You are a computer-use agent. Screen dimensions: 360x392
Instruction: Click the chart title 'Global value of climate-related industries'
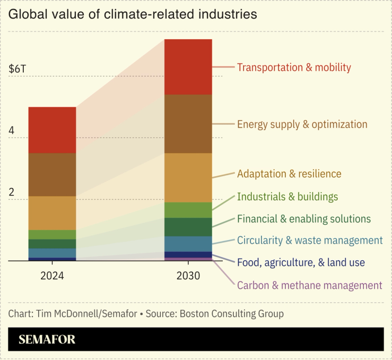[132, 14]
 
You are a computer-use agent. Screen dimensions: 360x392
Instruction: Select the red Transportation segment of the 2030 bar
[188, 67]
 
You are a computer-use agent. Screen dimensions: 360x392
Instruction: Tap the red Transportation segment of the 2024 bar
[52, 130]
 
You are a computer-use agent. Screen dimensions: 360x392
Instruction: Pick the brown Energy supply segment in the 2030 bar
[188, 124]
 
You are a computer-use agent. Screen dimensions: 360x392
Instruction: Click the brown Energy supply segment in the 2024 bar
[52, 175]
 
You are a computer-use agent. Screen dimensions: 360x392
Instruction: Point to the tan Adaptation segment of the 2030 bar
[188, 177]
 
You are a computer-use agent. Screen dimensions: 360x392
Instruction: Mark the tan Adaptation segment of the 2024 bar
[52, 213]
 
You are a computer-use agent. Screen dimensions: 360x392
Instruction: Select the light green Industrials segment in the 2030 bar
[188, 210]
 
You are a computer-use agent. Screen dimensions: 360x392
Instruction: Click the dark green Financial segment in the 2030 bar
[188, 227]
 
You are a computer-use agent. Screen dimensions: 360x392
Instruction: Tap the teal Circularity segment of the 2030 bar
[188, 244]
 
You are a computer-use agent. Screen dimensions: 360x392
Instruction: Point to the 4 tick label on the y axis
[12, 131]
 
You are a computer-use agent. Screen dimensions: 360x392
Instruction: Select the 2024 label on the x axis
[52, 276]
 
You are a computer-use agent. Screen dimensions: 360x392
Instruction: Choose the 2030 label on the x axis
[188, 276]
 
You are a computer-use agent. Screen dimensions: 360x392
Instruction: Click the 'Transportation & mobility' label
[294, 67]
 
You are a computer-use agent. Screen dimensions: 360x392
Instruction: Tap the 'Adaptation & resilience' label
[289, 174]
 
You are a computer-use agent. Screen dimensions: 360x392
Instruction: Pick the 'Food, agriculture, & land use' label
[301, 262]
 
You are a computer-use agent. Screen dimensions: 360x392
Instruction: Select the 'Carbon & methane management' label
[309, 285]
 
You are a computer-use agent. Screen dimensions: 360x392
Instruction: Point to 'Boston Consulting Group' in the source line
[232, 313]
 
